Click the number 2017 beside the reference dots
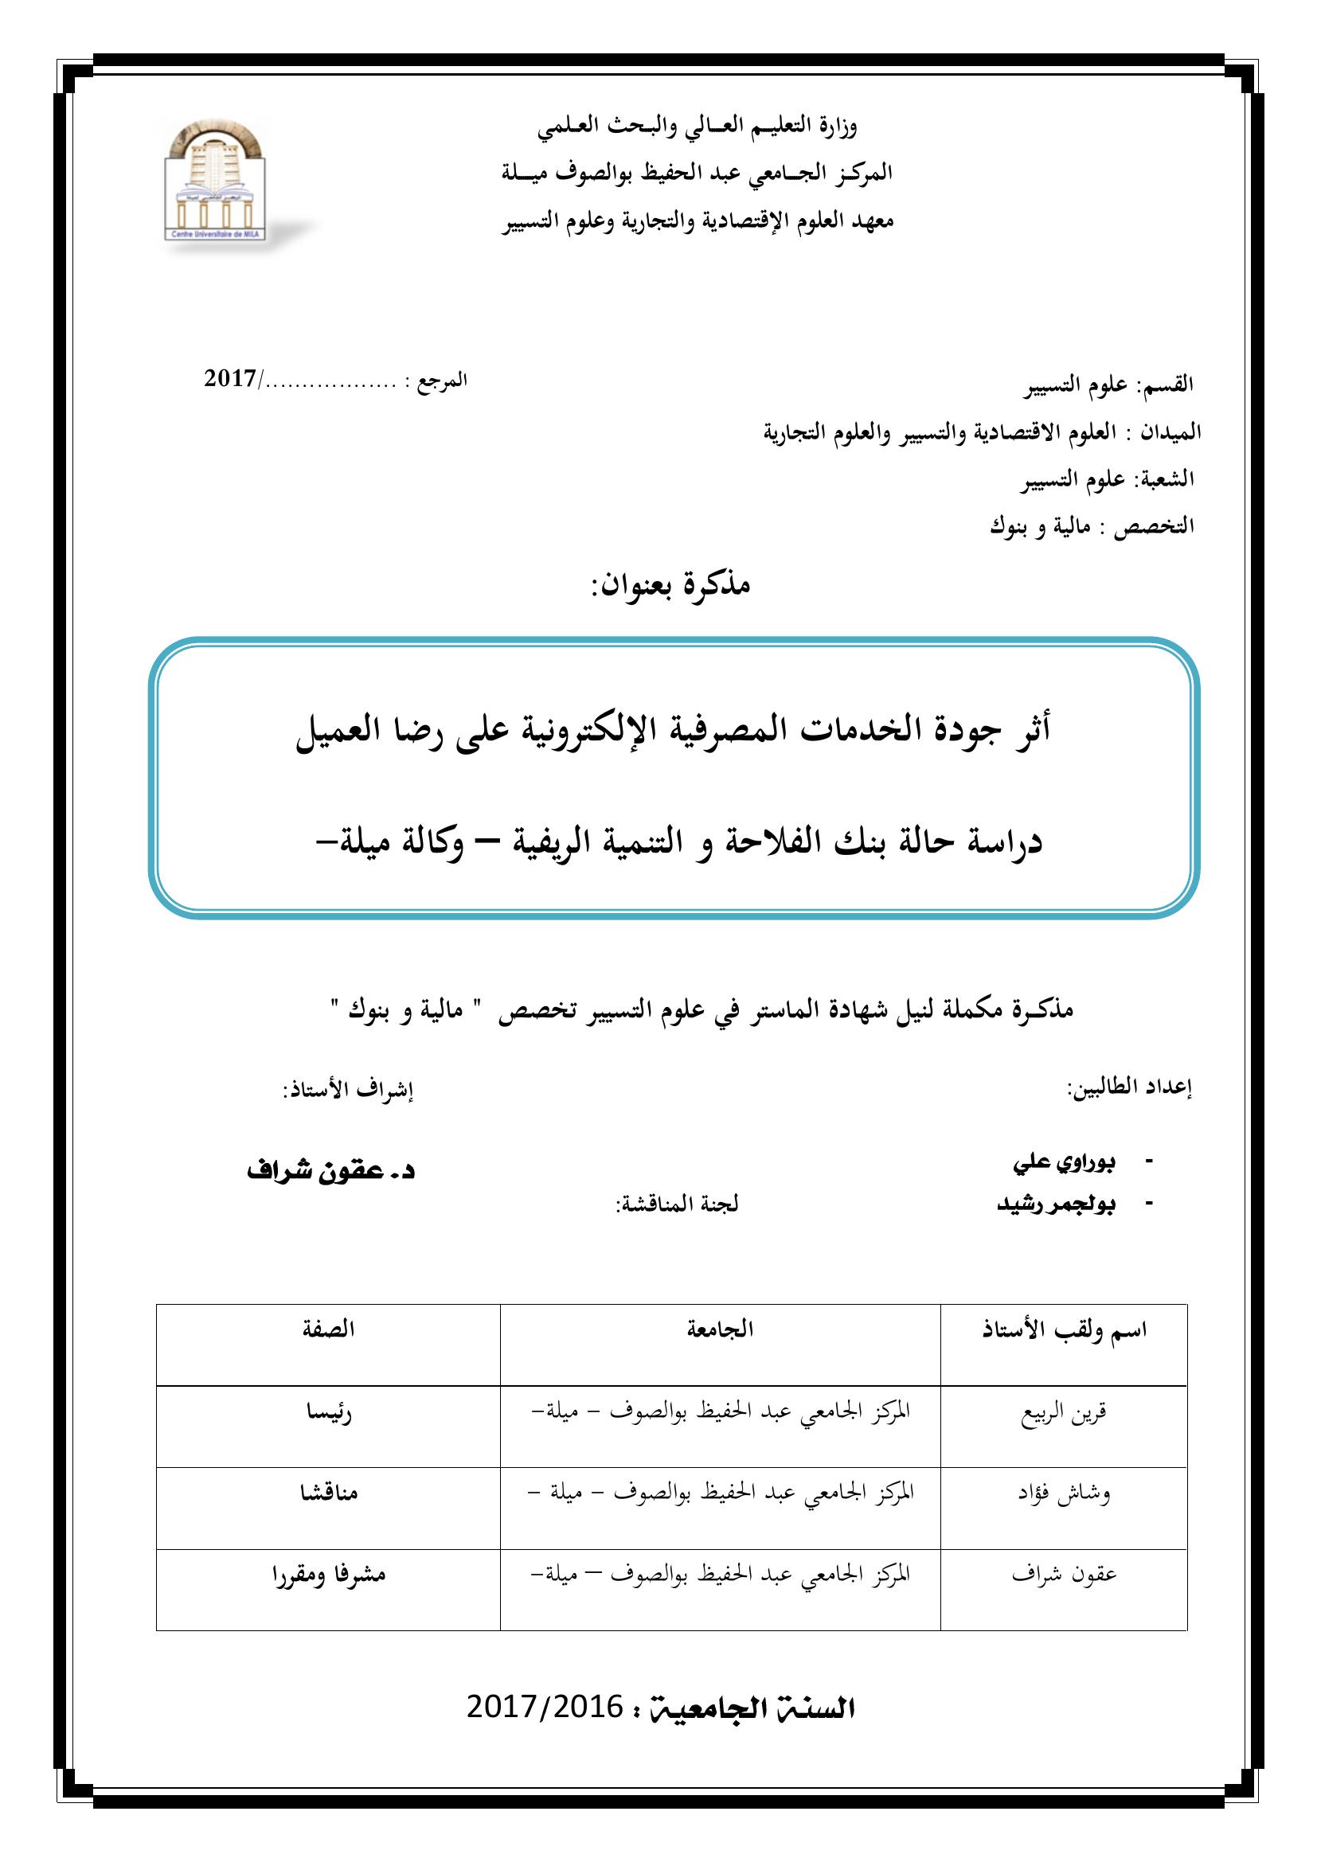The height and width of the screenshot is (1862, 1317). [230, 379]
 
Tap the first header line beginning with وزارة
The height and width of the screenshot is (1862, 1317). [698, 126]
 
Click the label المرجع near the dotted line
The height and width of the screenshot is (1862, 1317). [443, 380]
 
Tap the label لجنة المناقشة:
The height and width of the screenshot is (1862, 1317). [676, 1204]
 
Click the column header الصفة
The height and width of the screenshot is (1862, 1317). [327, 1330]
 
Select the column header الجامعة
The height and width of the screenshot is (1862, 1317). [720, 1330]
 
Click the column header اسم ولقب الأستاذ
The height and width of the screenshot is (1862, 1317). [1064, 1331]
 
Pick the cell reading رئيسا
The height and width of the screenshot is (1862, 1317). [327, 1414]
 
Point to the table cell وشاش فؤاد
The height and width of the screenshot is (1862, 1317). [1064, 1493]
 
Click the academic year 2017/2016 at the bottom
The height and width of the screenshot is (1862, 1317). [544, 1708]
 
